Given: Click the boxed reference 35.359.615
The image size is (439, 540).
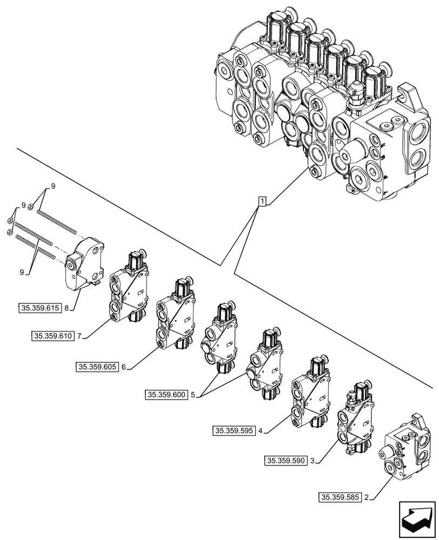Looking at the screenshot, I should tap(40, 308).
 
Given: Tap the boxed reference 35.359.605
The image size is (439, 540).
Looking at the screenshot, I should tap(96, 367).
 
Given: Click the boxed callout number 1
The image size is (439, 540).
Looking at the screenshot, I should tap(262, 202).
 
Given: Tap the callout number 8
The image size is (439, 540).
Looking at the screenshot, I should tap(66, 308).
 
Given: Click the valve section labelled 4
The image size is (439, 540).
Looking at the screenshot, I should tap(310, 391).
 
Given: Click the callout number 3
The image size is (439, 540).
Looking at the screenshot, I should tap(312, 461).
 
